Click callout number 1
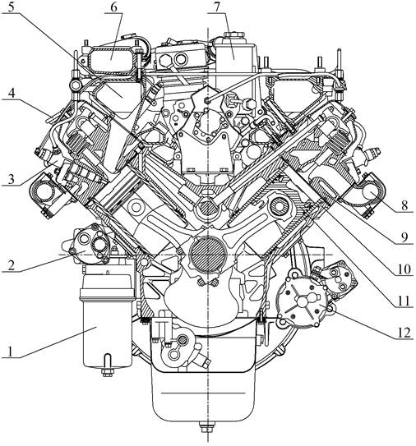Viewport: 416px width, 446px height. point(11,352)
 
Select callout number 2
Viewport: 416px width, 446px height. point(11,265)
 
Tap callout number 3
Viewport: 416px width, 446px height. point(11,179)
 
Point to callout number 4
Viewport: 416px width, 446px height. point(12,93)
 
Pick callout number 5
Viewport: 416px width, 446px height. point(11,7)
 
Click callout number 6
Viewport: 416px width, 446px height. point(113,7)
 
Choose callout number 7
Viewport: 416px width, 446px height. point(217,7)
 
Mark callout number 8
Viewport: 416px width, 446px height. point(404,205)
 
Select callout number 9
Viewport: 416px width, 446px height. point(404,237)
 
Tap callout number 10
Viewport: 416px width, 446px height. point(404,269)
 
